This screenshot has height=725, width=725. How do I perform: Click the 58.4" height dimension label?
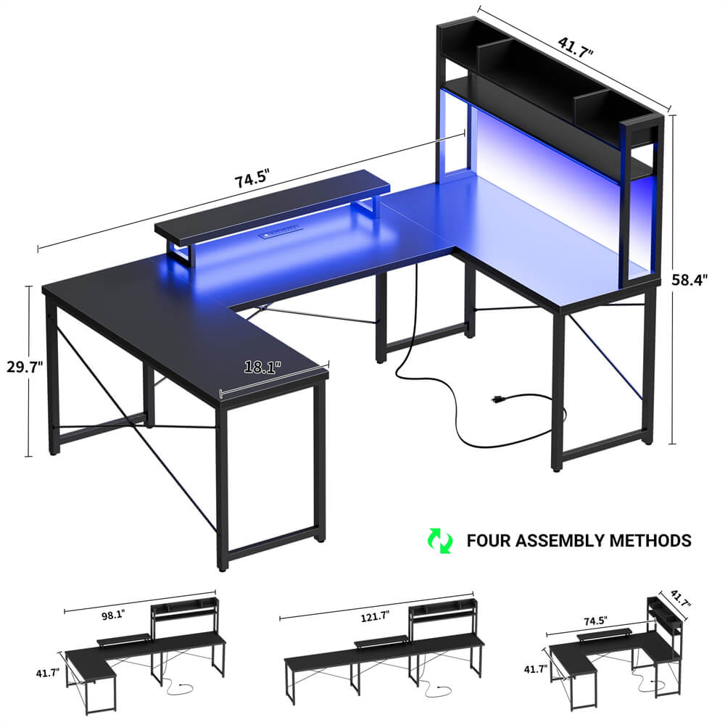pyautogui.click(x=695, y=277)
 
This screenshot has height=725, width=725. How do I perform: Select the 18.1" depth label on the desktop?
pyautogui.click(x=261, y=368)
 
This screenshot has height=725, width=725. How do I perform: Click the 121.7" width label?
pyautogui.click(x=374, y=616)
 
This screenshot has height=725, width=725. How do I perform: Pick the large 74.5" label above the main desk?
pyautogui.click(x=252, y=178)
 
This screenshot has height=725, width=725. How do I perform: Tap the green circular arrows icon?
pyautogui.click(x=439, y=539)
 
